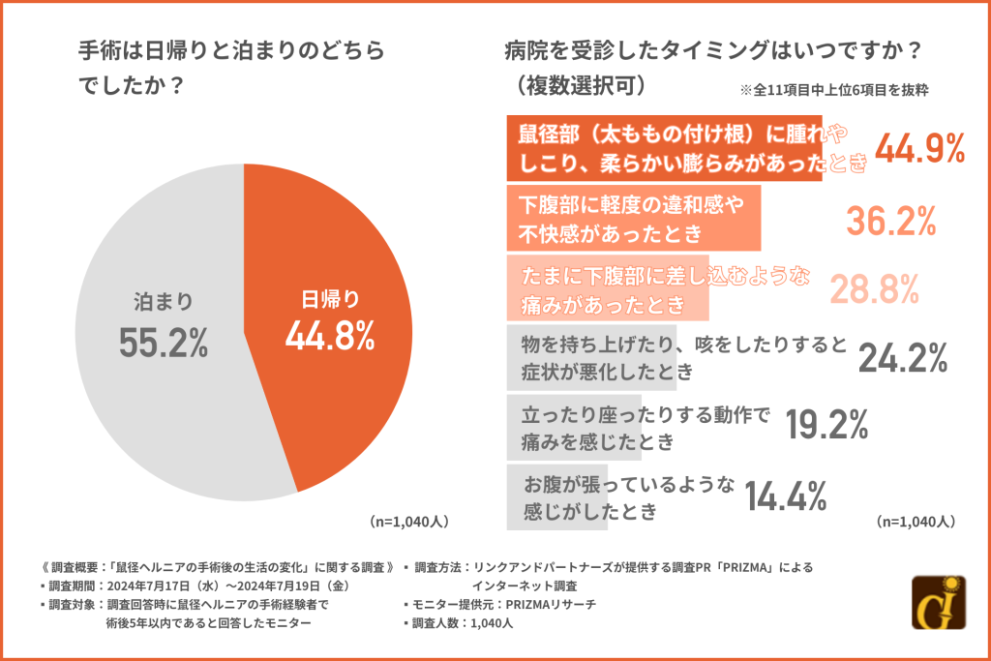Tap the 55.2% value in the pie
pos(164,343)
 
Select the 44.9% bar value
pos(920,149)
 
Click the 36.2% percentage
pos(891,221)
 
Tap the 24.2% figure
pos(902,358)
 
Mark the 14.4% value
pos(785,495)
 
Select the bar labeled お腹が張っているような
pos(556,496)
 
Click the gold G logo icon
pos(939,602)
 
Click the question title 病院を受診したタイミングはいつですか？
pos(710,49)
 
